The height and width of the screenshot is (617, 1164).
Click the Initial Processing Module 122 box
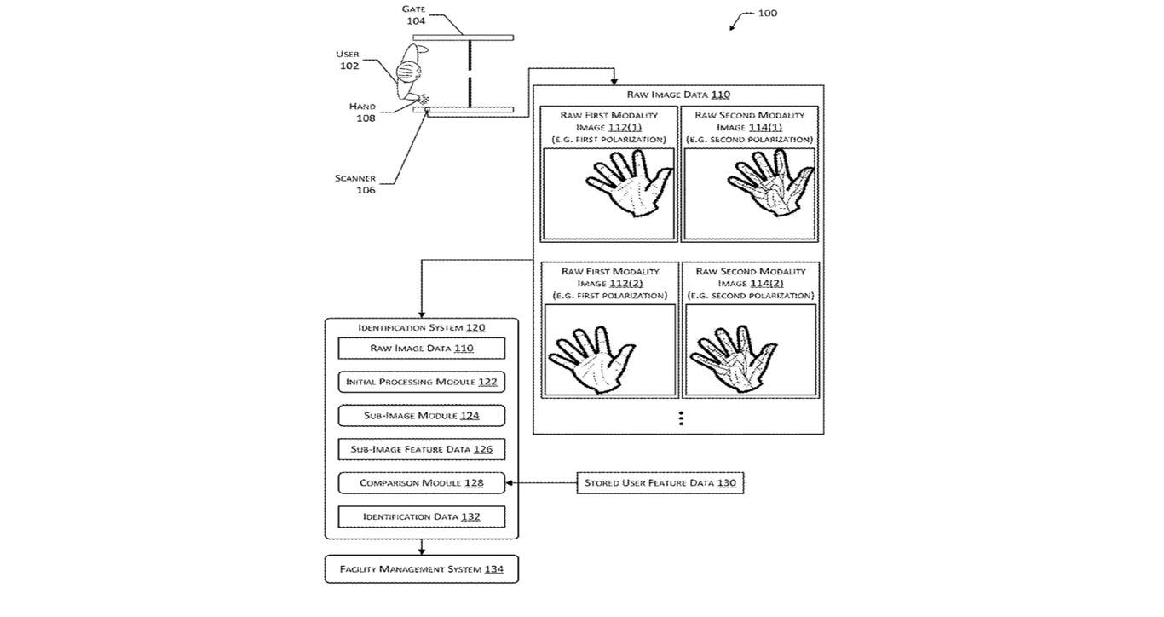[421, 382]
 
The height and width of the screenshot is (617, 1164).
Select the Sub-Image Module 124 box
[421, 415]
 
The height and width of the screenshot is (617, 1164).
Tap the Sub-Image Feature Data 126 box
[421, 449]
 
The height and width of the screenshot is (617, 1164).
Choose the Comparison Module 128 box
[421, 482]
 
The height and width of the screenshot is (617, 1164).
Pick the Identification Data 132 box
[421, 516]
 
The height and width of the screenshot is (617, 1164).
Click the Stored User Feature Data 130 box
[660, 482]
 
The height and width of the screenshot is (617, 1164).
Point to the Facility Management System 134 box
[421, 568]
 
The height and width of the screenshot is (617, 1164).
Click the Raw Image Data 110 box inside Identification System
[421, 348]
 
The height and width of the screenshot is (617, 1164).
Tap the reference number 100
[767, 14]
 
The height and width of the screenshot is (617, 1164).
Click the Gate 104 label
[415, 14]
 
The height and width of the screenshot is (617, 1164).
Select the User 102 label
[348, 60]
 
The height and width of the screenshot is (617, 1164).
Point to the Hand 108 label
[363, 112]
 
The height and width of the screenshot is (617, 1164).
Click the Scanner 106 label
[355, 184]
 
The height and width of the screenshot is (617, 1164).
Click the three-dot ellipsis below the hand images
[681, 418]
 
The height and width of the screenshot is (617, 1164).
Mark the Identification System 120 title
[421, 327]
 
